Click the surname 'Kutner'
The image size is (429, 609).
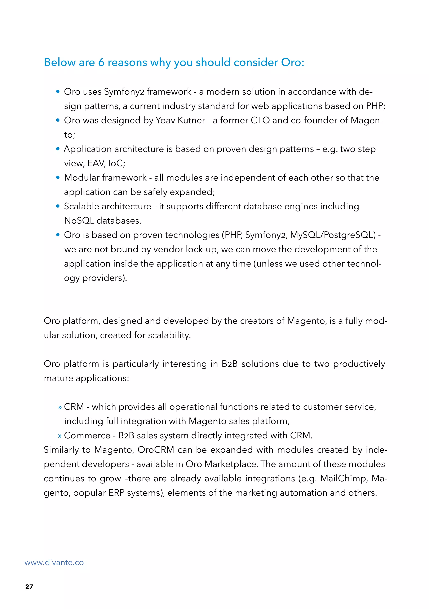point(191,121)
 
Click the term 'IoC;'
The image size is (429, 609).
point(117,163)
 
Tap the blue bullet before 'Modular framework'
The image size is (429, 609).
point(58,178)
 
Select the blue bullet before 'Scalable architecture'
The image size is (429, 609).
point(58,206)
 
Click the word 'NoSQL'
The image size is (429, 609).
point(79,221)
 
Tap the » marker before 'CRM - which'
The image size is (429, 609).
point(60,407)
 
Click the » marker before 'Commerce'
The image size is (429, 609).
point(60,436)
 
